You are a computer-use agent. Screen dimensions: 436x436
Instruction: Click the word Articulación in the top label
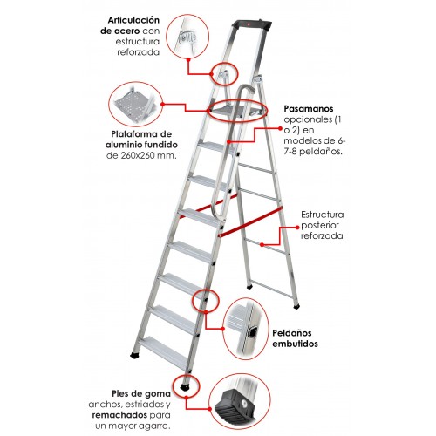click(133, 20)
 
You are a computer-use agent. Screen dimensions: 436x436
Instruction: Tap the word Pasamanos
click(309, 109)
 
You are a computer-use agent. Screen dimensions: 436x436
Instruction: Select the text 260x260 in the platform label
click(137, 155)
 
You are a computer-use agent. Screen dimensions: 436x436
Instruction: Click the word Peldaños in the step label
click(292, 333)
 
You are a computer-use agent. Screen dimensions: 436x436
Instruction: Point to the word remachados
click(119, 415)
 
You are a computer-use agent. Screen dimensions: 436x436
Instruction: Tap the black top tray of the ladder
click(252, 25)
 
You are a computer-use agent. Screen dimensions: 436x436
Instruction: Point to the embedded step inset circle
click(246, 329)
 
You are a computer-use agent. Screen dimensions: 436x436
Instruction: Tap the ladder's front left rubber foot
click(134, 355)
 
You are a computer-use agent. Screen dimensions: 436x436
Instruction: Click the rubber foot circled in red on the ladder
click(184, 387)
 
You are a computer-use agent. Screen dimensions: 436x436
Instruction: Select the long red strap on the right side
click(250, 221)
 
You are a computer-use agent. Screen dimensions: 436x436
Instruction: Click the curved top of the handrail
click(247, 89)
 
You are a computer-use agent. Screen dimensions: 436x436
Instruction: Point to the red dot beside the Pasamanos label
click(280, 128)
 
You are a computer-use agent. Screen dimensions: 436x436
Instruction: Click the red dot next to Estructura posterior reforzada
click(297, 228)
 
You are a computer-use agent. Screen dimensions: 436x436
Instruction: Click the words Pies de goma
click(141, 394)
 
